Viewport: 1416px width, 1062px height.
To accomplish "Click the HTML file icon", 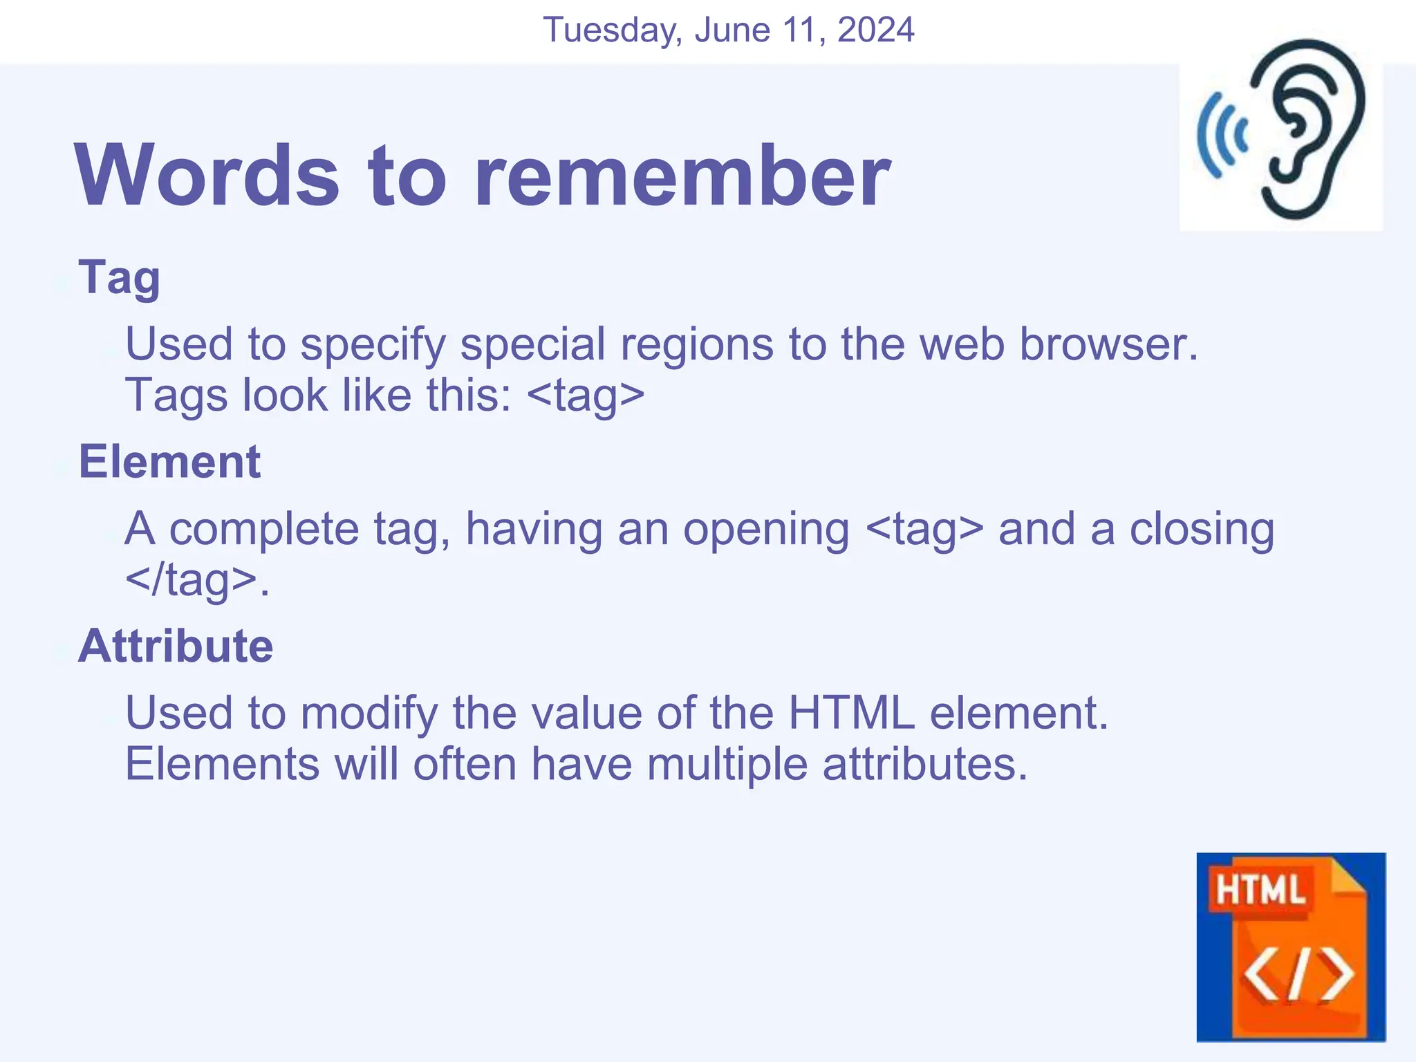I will click(1291, 947).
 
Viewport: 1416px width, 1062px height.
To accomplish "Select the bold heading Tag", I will click(120, 278).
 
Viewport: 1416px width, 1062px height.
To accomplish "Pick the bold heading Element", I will click(169, 462).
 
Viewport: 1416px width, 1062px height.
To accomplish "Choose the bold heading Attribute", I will click(176, 646).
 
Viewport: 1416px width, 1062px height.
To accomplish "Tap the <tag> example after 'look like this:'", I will click(586, 395).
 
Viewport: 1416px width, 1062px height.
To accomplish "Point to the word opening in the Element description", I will click(766, 530).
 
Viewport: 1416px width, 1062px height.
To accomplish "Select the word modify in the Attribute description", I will click(369, 714).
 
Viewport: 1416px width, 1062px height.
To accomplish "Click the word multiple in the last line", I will click(727, 765).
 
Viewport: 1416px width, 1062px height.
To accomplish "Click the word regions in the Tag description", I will click(696, 344).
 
